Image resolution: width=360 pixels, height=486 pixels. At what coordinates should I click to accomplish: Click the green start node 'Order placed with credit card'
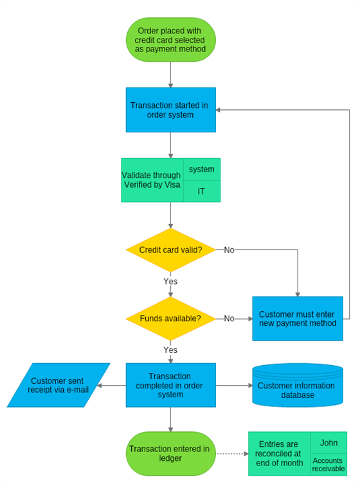170,40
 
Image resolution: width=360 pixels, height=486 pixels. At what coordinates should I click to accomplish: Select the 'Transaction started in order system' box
170,110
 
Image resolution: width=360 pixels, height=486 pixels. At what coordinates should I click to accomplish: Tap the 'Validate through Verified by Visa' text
152,180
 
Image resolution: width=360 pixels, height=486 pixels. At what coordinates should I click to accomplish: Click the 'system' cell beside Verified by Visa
201,169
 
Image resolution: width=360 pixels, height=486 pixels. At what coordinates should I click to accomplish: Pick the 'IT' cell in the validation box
201,192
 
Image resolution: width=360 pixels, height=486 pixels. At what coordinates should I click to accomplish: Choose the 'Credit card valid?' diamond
170,249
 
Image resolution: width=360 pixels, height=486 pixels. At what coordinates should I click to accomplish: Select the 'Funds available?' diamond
170,318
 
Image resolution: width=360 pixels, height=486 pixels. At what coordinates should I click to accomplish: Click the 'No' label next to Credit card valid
229,249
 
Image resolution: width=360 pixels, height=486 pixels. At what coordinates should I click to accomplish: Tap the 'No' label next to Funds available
229,318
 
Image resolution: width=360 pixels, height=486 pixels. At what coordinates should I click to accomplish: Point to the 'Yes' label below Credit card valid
170,281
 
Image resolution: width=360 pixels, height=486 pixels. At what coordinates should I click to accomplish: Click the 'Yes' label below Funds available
170,350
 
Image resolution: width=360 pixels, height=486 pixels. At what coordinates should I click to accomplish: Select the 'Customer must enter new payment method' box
297,318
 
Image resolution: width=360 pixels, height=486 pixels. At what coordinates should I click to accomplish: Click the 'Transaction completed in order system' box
170,385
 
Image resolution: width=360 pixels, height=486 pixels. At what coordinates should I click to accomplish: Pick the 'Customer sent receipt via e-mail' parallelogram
59,385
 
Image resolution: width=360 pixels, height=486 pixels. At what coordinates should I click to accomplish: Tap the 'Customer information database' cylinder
296,386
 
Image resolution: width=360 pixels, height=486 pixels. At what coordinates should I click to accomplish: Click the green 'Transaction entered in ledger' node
170,453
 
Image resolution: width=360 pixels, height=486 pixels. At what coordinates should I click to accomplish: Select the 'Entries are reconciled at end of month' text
280,453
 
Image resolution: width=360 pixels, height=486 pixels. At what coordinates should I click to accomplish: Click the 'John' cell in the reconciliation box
328,443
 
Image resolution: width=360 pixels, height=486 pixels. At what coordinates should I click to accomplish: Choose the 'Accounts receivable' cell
328,464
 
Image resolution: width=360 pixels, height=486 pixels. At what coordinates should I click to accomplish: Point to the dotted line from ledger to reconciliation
231,453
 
